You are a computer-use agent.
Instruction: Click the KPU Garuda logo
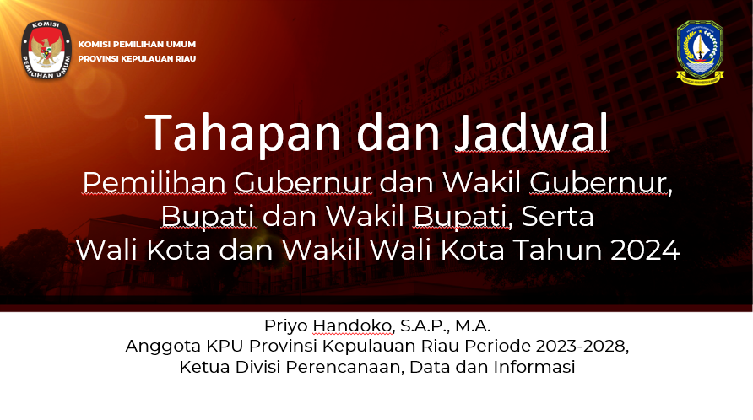[x=46, y=50]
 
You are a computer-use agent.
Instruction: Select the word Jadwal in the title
[x=532, y=133]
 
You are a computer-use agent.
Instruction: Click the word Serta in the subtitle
[x=557, y=216]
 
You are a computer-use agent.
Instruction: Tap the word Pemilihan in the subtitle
[x=154, y=182]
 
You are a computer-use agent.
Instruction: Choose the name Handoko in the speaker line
[x=353, y=326]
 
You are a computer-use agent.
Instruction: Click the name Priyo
[x=285, y=326]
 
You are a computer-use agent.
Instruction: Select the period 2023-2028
[x=582, y=346]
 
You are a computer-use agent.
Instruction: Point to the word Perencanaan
[x=345, y=367]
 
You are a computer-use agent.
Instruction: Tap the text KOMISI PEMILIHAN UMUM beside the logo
[x=137, y=44]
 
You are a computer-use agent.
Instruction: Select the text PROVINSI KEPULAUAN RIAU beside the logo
[x=137, y=58]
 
